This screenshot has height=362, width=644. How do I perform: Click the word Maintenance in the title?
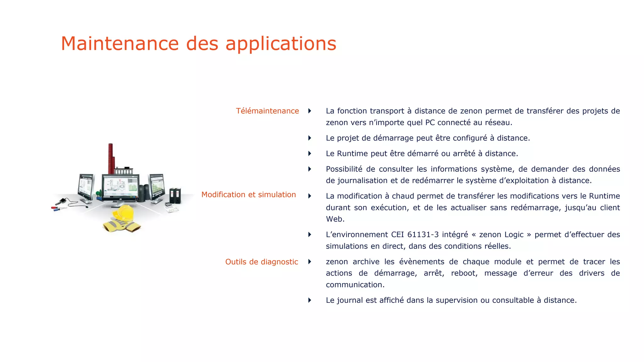pyautogui.click(x=119, y=43)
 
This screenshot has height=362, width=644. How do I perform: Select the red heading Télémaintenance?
pyautogui.click(x=267, y=111)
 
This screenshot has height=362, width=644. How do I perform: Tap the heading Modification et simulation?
pyautogui.click(x=248, y=195)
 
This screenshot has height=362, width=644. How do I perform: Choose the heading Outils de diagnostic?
pyautogui.click(x=261, y=262)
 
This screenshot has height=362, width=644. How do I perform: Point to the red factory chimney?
pyautogui.click(x=111, y=158)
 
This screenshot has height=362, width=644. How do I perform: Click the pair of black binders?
pyautogui.click(x=175, y=195)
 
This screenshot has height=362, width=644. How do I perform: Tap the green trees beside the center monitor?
pyautogui.click(x=99, y=193)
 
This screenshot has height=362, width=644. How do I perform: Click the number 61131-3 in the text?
pyautogui.click(x=423, y=235)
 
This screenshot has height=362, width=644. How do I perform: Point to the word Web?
pyautogui.click(x=335, y=219)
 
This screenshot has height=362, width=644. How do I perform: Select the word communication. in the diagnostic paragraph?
pyautogui.click(x=355, y=285)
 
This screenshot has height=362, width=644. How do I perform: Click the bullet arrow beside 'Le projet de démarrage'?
pyautogui.click(x=310, y=138)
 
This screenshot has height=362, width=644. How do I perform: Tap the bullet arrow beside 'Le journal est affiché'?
pyautogui.click(x=310, y=300)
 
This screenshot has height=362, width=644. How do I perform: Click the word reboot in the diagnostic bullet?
pyautogui.click(x=464, y=273)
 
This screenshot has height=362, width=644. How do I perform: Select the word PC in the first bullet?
pyautogui.click(x=430, y=123)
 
